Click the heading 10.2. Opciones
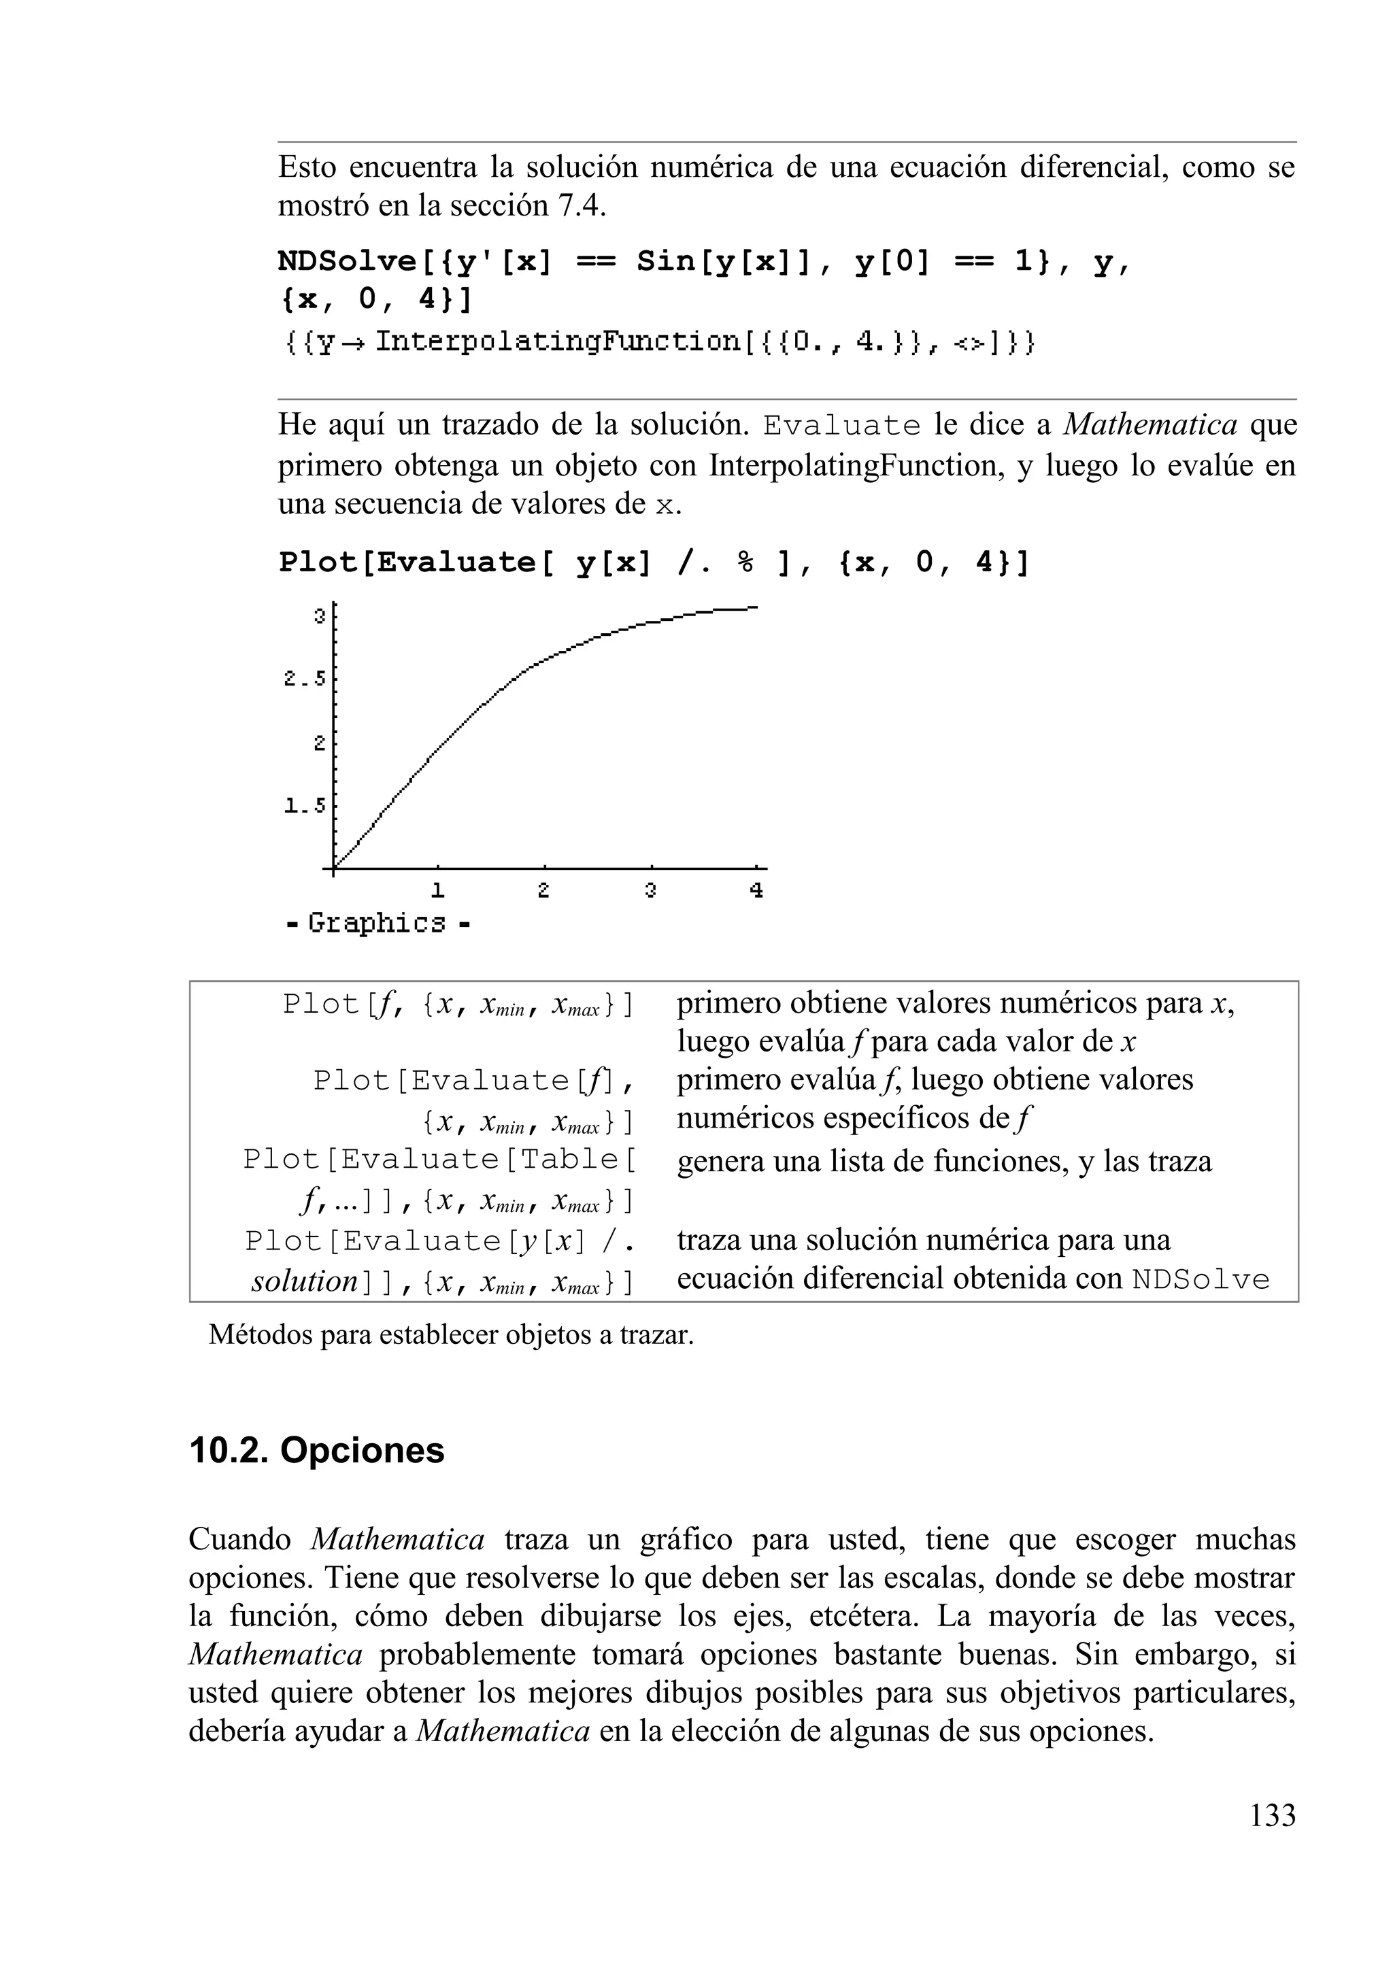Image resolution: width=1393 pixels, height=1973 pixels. (316, 1451)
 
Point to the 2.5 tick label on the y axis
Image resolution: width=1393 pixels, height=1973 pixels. (305, 679)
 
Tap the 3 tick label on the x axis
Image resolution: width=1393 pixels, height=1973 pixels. (650, 891)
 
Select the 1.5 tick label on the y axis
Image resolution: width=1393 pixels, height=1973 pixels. (305, 806)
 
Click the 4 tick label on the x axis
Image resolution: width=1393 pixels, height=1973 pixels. (756, 891)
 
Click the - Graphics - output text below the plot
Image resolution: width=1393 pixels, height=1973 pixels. (377, 924)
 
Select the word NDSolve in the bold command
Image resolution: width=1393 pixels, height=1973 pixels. (346, 261)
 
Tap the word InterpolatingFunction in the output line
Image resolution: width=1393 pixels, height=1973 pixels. (558, 343)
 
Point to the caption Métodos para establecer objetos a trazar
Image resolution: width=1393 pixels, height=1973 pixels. (450, 1334)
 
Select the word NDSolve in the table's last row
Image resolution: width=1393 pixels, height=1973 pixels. (1201, 1279)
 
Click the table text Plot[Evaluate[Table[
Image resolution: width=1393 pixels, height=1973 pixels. (439, 1159)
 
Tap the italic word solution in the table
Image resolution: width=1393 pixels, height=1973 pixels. (304, 1281)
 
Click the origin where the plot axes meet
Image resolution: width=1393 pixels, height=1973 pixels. (333, 869)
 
